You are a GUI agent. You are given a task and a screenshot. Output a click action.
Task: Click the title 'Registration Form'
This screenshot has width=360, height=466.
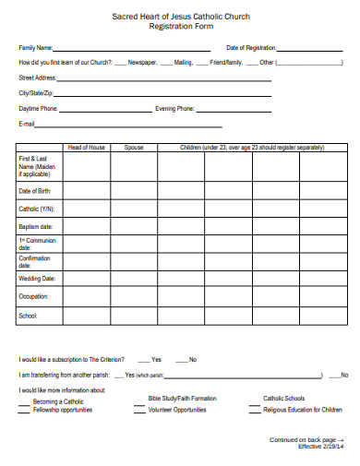[180, 27]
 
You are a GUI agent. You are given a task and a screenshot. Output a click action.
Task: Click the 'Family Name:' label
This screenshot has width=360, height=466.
[35, 47]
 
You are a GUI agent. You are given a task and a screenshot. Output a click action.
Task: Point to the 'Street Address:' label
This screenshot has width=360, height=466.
[37, 78]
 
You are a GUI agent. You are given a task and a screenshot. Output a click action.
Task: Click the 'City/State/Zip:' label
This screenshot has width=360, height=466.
[36, 93]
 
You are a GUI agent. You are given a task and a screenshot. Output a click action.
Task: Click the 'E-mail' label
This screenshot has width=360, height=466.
[27, 124]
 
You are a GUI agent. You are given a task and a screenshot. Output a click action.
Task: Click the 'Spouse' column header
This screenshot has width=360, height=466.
[135, 148]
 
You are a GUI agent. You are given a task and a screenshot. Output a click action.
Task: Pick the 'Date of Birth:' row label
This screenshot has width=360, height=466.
[36, 191]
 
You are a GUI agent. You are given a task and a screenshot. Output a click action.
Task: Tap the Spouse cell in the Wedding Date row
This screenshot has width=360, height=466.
[135, 278]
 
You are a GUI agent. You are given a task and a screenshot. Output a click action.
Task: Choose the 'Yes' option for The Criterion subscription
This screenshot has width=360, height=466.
[156, 359]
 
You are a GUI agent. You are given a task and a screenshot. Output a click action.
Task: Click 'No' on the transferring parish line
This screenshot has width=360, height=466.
[344, 376]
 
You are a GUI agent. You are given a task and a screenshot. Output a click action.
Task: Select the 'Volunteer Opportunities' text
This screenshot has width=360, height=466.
[176, 409]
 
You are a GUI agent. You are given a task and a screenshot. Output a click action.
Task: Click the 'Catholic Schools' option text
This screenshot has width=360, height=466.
[284, 398]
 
